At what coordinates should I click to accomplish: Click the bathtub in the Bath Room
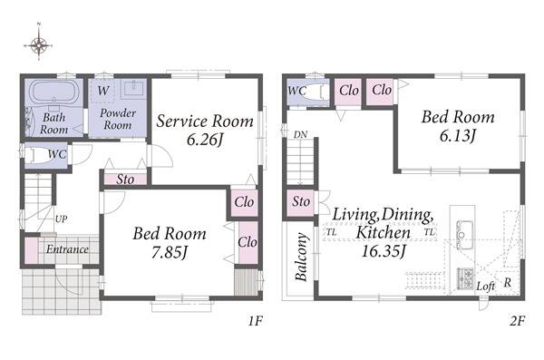[x=53, y=92]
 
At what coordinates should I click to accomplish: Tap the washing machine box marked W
[x=103, y=91]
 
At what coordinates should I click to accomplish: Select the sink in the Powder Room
[x=133, y=89]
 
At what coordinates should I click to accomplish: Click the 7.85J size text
[x=170, y=252]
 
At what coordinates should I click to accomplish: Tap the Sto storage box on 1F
[x=126, y=180]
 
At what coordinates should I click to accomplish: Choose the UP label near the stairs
[x=61, y=219]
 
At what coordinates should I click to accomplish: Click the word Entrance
[x=67, y=249]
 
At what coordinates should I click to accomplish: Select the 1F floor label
[x=255, y=321]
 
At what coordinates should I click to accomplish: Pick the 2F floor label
[x=517, y=321]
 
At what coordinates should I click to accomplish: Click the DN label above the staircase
[x=300, y=134]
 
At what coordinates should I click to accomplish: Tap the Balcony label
[x=301, y=257]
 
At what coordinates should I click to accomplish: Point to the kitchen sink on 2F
[x=464, y=235]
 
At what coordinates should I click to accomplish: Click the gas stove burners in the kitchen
[x=465, y=277]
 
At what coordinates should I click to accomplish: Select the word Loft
[x=485, y=287]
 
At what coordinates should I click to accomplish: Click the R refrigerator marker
[x=507, y=283]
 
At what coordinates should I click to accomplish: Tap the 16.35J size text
[x=384, y=251]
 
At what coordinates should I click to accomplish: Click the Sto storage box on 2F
[x=300, y=202]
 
